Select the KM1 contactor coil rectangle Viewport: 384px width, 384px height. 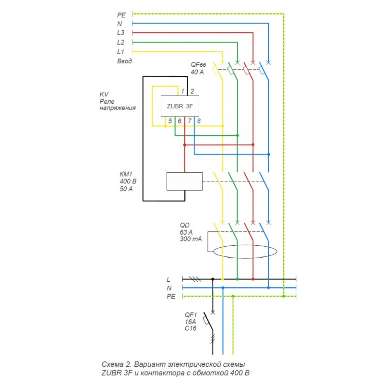(184, 181)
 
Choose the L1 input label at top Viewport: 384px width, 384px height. (120, 51)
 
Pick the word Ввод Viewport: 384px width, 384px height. (124, 61)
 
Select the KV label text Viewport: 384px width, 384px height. (104, 94)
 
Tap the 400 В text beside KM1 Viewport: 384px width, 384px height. (128, 181)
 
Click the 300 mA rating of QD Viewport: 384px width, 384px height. (190, 239)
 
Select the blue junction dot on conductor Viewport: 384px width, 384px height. (269, 155)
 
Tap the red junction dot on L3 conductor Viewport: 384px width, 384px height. (253, 144)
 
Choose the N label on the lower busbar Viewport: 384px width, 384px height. (169, 288)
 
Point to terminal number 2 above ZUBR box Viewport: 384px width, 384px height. (192, 91)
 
